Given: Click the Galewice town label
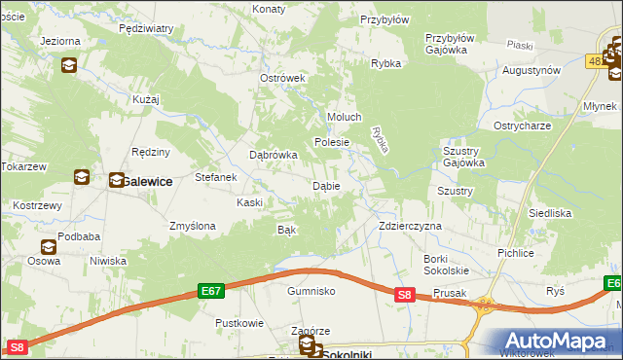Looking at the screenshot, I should pos(147,181).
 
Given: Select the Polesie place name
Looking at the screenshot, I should pos(331,142).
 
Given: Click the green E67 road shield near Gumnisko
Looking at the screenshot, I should pos(211,290).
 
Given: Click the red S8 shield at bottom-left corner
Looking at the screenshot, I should pos(16,346).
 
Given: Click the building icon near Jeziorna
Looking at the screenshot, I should pos(69,65).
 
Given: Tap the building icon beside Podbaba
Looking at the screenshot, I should pos(47,247).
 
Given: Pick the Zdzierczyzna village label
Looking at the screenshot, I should pos(410,226).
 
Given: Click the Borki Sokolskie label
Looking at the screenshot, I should pos(447,264).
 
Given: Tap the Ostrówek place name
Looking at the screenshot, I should pos(282,79).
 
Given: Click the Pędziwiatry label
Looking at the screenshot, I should pos(145,29).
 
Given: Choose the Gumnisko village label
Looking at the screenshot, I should pos(311,291).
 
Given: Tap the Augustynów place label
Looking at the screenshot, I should pos(531,71).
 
